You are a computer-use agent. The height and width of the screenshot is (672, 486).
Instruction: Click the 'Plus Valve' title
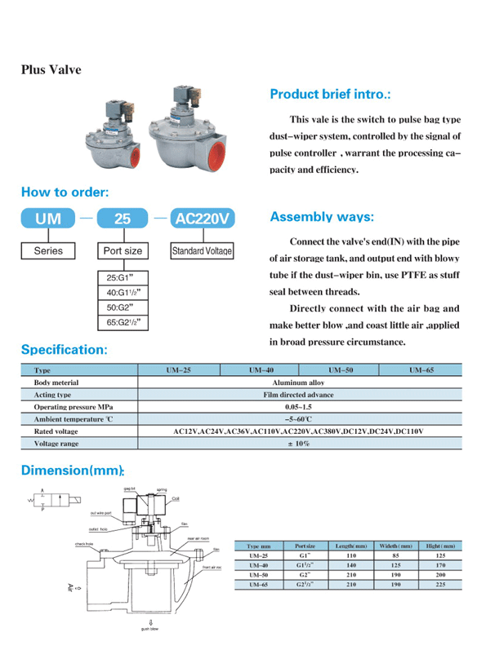click(x=51, y=70)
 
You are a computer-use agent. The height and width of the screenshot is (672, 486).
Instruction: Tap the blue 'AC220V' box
click(x=202, y=219)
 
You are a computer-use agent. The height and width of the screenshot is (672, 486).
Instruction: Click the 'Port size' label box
click(x=122, y=251)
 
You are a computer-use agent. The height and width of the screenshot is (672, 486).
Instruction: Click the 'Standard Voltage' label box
click(x=202, y=251)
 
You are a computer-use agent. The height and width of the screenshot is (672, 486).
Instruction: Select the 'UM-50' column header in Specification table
click(x=340, y=370)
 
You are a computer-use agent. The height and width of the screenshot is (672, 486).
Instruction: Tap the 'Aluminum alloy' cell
click(x=299, y=382)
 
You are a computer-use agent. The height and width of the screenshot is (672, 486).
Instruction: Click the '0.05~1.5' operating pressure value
click(x=299, y=406)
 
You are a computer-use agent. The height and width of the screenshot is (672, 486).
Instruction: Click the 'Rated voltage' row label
click(x=56, y=431)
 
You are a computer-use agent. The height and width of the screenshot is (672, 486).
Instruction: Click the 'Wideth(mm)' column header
click(x=399, y=544)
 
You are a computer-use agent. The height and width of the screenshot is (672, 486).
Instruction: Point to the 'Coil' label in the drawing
click(x=176, y=497)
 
